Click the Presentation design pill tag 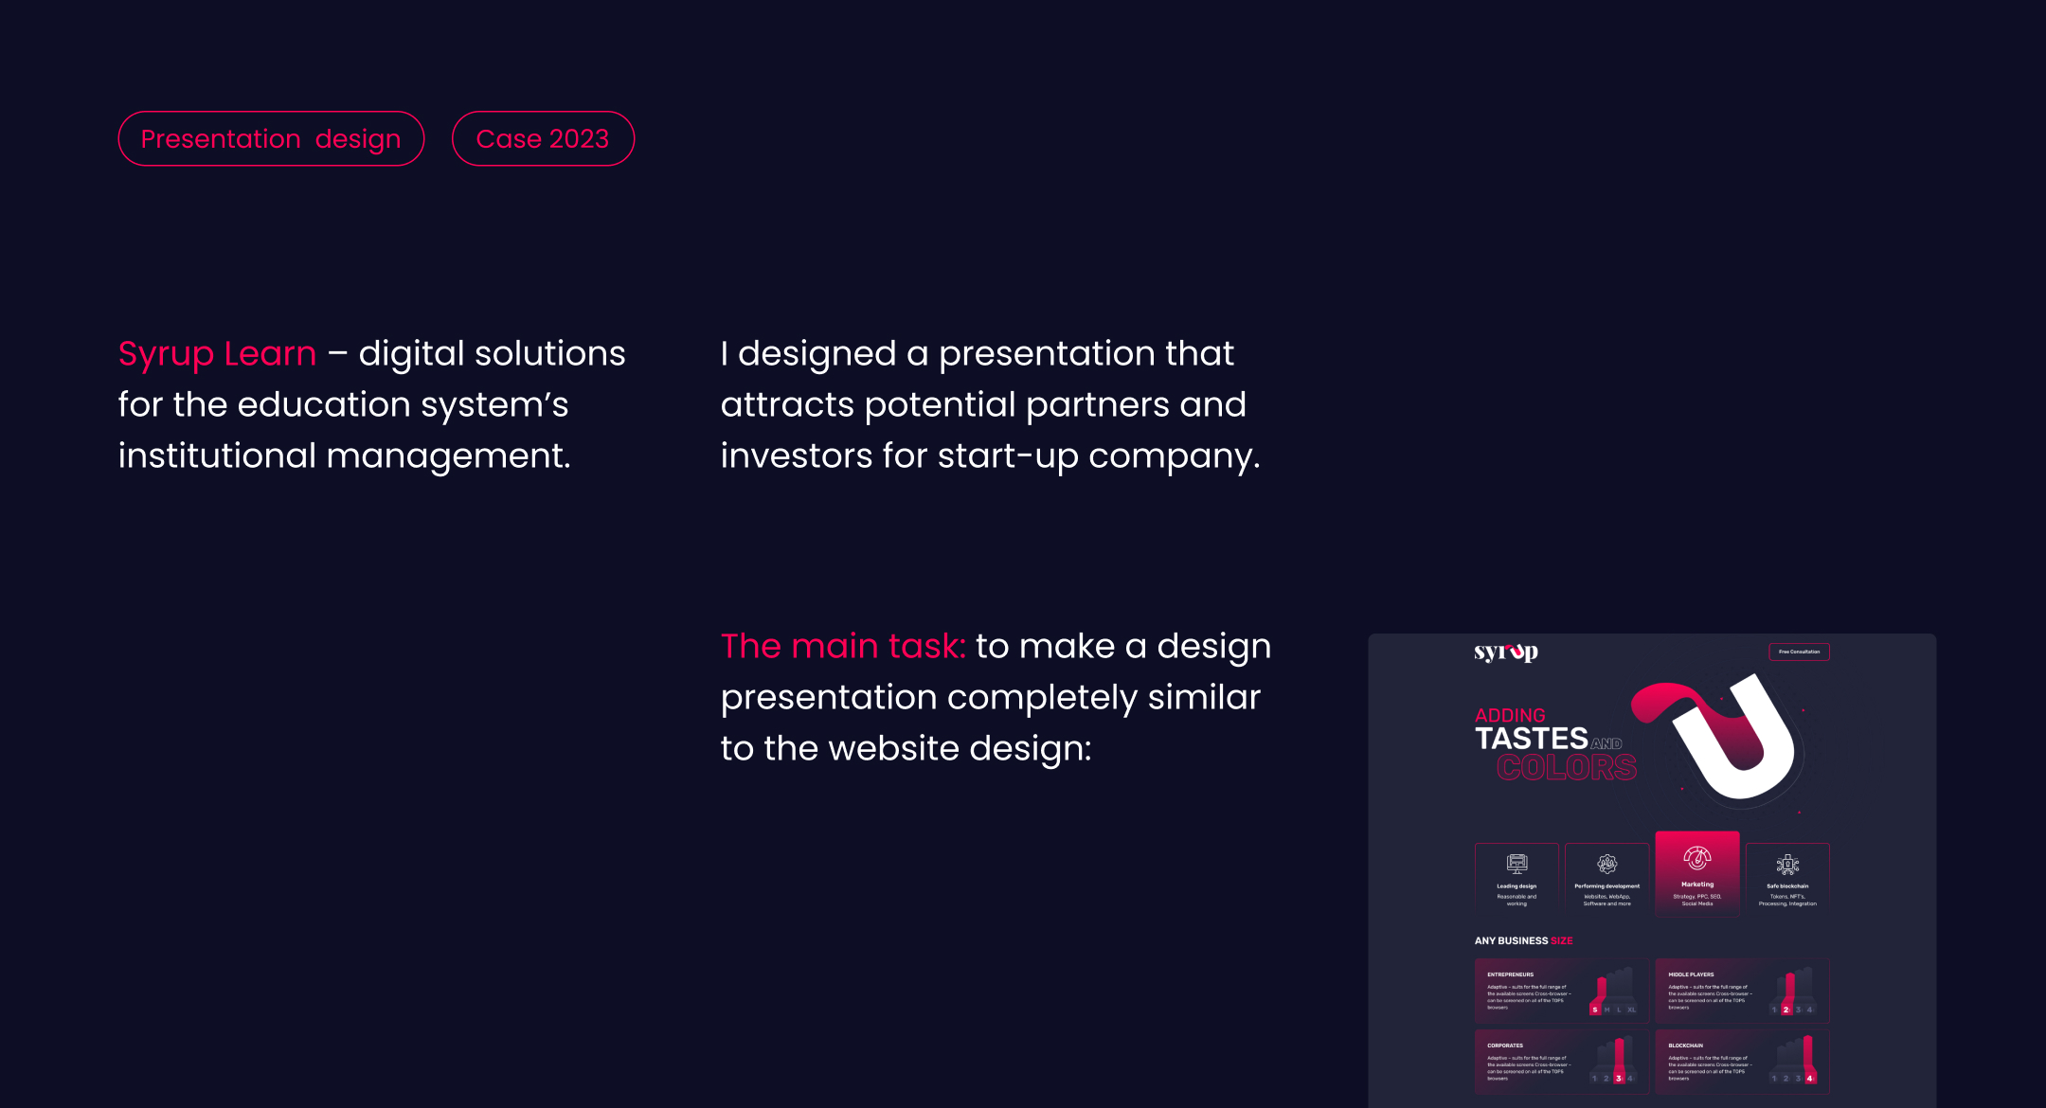271,138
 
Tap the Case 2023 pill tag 543,138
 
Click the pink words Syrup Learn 217,353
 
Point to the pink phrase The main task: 843,646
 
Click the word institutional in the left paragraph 217,456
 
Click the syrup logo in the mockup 1506,652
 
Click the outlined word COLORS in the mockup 1567,767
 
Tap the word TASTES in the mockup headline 1531,739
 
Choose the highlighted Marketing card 1697,874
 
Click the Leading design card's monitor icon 1517,863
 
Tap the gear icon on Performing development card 1606,863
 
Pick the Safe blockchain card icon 1787,864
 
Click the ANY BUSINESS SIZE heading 1523,940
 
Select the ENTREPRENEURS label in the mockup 1510,974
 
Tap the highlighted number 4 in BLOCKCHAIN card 1809,1079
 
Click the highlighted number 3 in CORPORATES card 1618,1079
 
